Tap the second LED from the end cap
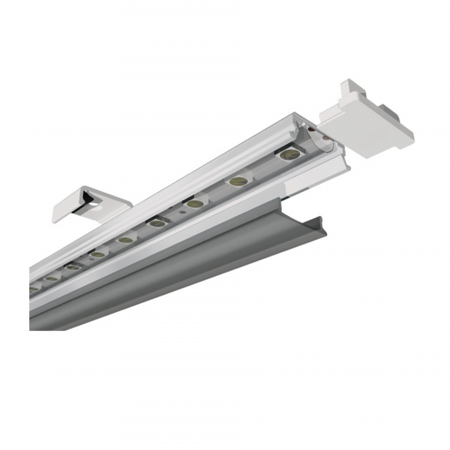click(x=238, y=181)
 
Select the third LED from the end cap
click(x=194, y=203)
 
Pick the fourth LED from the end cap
click(x=157, y=223)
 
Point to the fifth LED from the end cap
click(x=125, y=240)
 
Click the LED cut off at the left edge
click(x=33, y=289)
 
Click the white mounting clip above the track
click(x=90, y=199)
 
